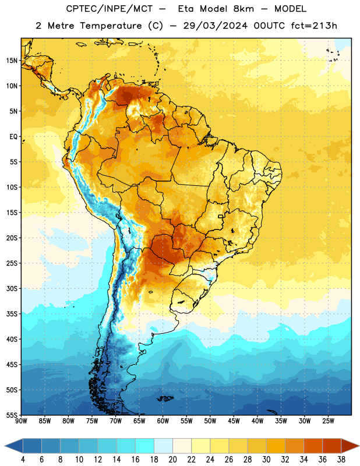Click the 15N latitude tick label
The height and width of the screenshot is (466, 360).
click(12, 61)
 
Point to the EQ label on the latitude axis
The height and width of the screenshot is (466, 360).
click(13, 137)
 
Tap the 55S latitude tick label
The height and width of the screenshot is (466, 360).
click(12, 415)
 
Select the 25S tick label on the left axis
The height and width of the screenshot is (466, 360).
click(12, 263)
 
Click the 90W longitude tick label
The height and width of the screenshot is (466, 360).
click(21, 421)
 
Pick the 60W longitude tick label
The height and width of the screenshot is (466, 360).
click(163, 421)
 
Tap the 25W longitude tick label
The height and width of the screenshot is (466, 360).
click(328, 421)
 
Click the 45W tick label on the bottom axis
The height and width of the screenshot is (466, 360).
click(234, 421)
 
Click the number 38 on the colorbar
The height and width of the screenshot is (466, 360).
click(341, 460)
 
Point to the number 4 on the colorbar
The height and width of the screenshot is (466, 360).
click(23, 460)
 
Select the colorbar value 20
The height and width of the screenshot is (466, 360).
click(172, 460)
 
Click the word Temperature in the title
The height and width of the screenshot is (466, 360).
click(111, 26)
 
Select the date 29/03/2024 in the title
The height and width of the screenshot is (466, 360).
click(215, 26)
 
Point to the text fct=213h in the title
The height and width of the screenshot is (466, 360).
click(314, 26)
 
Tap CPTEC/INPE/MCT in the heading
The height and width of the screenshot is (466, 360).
click(110, 9)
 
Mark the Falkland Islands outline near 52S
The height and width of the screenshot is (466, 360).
click(165, 398)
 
